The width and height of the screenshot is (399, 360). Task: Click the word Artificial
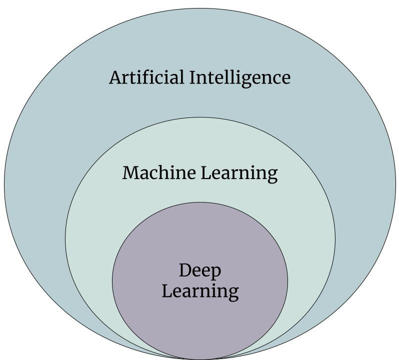pos(145,78)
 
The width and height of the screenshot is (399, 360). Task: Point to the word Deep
pos(200,271)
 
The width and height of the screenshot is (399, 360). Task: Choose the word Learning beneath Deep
pos(200,291)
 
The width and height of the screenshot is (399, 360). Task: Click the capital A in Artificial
pos(116,78)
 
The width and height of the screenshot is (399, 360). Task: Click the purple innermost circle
pos(200,320)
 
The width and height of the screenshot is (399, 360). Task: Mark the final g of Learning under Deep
pos(232,293)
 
